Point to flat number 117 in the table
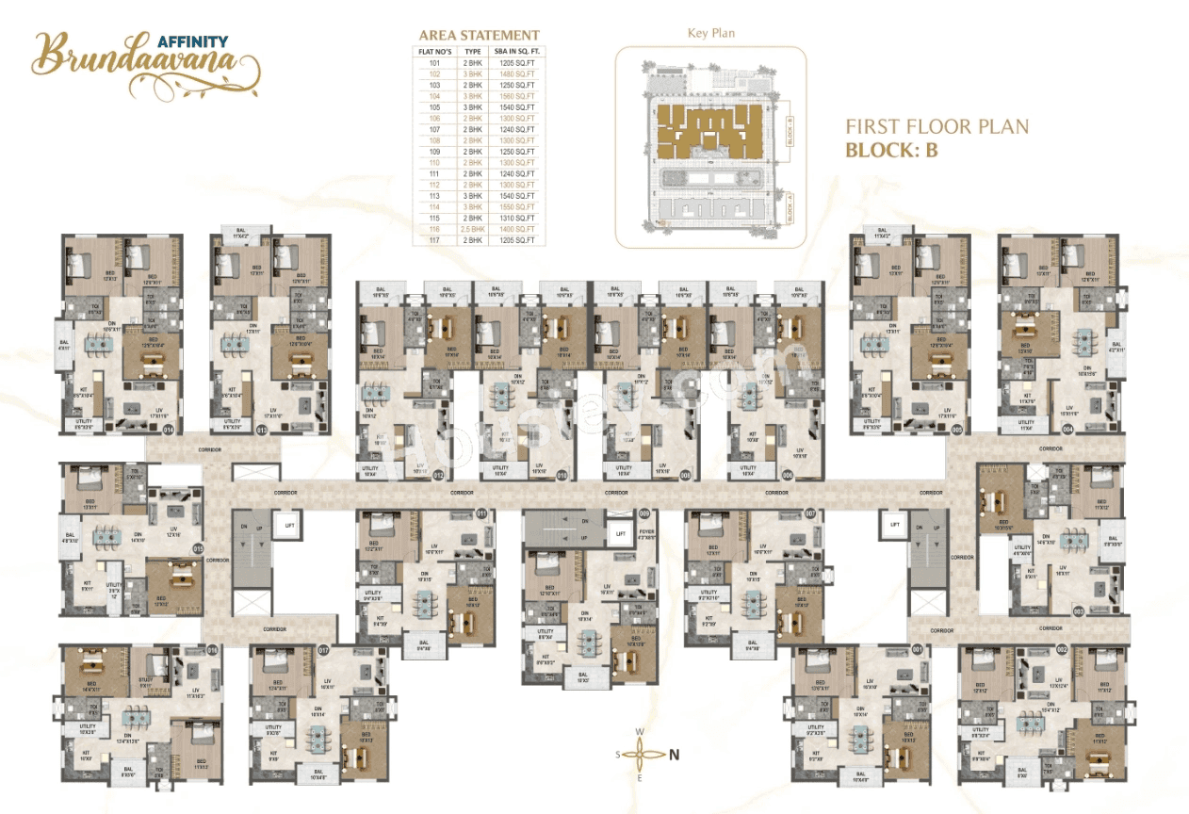click(434, 240)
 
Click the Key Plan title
click(711, 33)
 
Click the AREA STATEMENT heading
click(479, 35)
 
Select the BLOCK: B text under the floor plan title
click(891, 149)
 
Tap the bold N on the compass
click(674, 754)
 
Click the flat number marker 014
click(170, 430)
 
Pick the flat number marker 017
click(323, 650)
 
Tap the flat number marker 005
click(957, 430)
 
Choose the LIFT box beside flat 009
click(620, 533)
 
